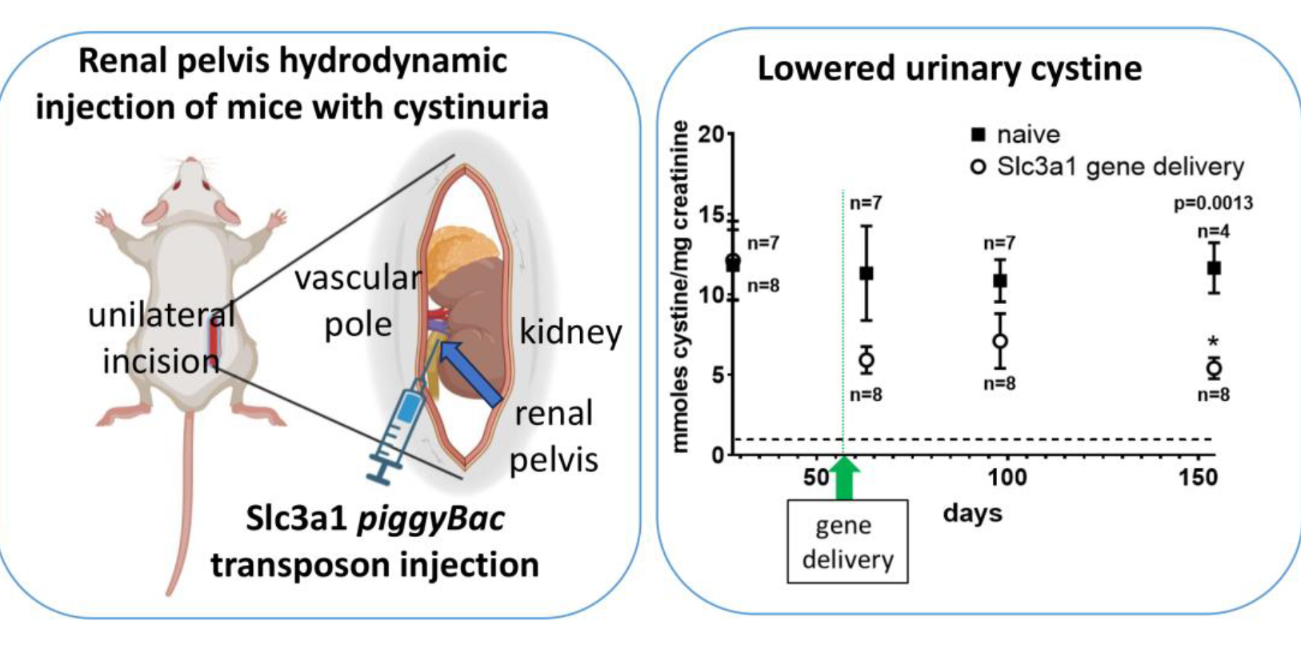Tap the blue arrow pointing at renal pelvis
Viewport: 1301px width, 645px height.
click(x=472, y=373)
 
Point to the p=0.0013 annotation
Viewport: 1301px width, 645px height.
click(x=1213, y=203)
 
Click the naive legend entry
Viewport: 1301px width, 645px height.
click(x=1016, y=134)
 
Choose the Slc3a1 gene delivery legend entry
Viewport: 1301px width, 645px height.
click(x=1107, y=166)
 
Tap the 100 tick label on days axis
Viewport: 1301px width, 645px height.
click(x=1007, y=478)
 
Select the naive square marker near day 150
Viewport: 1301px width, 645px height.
click(x=1214, y=267)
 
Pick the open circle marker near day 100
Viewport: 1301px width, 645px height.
click(x=1000, y=341)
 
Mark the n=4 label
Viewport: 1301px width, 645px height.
click(x=1213, y=232)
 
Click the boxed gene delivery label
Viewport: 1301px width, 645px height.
click(x=847, y=542)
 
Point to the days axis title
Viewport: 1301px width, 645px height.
click(x=972, y=513)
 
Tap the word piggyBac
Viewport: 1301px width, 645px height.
click(x=430, y=519)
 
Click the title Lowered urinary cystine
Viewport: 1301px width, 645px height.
click(x=949, y=69)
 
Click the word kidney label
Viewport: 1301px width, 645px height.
click(x=570, y=331)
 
